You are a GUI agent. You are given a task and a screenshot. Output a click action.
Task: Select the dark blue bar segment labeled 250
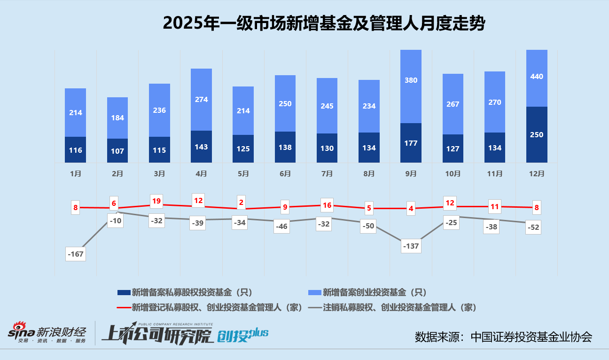[x=537, y=134]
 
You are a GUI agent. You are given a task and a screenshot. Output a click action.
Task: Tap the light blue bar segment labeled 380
[x=411, y=86]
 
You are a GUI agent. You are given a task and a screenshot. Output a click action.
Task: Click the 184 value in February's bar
[x=117, y=117]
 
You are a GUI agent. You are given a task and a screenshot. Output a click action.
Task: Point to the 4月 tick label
[x=201, y=174]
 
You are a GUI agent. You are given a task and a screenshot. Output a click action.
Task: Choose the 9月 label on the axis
[x=411, y=174]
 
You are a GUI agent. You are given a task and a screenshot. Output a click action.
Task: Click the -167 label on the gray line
[x=76, y=254]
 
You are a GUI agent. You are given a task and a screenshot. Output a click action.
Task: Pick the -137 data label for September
[x=411, y=246]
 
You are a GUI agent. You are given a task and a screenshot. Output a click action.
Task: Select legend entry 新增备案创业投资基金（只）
[x=367, y=292]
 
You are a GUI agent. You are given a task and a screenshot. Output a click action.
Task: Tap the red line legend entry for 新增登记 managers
[x=209, y=308]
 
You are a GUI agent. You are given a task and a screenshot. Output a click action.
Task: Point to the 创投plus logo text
[x=242, y=335]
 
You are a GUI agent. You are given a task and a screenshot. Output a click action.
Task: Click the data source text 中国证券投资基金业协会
[x=531, y=337]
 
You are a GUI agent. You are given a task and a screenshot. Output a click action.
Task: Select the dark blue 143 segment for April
[x=201, y=147]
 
